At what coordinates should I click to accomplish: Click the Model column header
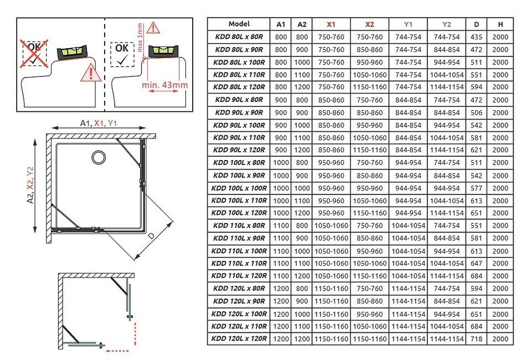tap(239, 24)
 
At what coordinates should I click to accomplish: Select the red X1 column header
tap(331, 24)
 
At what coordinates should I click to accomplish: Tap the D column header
tap(476, 24)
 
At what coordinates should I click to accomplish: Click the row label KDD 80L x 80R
tap(239, 37)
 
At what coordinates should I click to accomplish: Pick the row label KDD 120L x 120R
tap(239, 338)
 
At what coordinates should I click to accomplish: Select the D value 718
tap(476, 338)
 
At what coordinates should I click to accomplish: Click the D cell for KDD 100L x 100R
tap(476, 188)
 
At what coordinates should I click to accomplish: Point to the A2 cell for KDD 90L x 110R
tap(302, 138)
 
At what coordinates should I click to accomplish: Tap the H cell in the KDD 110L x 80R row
tap(500, 225)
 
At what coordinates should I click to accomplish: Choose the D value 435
tap(476, 37)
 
